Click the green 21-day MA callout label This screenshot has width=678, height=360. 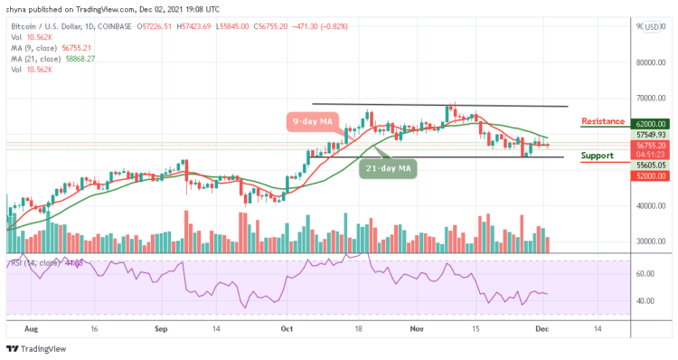point(386,167)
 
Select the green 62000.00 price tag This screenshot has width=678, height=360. point(649,124)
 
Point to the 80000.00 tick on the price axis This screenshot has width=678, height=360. point(650,62)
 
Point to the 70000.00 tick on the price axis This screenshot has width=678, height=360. point(650,98)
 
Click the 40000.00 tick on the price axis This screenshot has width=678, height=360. point(650,205)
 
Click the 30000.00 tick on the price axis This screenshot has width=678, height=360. point(650,241)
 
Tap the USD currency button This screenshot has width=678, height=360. point(651,27)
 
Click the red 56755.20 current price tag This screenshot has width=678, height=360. point(649,145)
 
